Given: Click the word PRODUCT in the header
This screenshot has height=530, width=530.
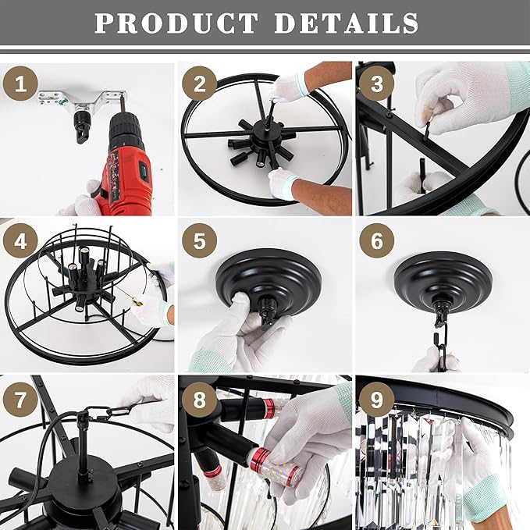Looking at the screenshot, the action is click(x=176, y=23).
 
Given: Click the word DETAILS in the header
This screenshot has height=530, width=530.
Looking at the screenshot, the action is click(x=347, y=23).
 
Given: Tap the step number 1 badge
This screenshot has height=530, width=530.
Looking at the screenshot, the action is click(x=20, y=84).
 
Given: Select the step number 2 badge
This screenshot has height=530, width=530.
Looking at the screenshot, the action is click(x=199, y=84).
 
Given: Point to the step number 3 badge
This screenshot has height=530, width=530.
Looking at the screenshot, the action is click(x=376, y=84).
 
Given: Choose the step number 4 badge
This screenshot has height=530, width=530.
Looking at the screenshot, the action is click(x=20, y=240).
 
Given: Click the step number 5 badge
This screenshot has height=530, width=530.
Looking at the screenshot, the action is click(x=199, y=240).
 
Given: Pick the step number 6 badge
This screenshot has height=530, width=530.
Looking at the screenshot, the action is click(x=376, y=240).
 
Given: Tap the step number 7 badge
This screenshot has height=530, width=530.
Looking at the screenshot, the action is click(x=20, y=400).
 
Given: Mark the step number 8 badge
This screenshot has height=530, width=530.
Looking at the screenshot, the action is click(x=199, y=400).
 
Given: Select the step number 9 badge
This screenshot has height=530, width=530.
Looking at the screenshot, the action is click(x=376, y=400).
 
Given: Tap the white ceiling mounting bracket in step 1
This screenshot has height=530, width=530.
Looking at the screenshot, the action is click(x=82, y=100).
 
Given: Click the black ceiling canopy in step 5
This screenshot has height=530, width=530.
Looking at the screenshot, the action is click(x=269, y=281).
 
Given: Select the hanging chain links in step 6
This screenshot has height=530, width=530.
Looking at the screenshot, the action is click(x=441, y=348).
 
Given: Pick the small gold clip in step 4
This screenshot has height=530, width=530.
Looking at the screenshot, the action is click(x=137, y=301).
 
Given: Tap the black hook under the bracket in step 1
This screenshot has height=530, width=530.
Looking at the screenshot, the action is click(x=81, y=126).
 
